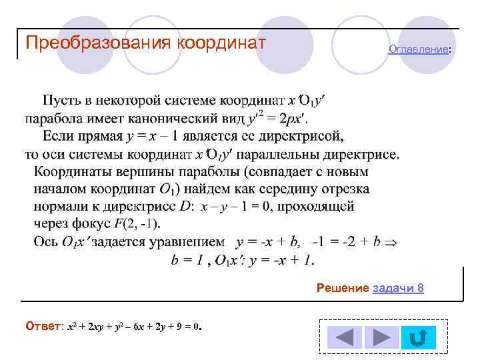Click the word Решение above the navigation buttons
click(343, 288)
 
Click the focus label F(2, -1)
click(137, 223)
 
